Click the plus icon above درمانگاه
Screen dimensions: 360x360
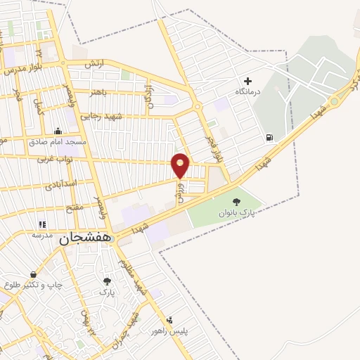[247, 81]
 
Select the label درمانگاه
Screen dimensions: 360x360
[247, 91]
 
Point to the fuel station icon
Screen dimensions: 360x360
[269, 137]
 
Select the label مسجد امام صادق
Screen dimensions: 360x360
[58, 141]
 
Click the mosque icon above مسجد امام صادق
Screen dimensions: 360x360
[58, 131]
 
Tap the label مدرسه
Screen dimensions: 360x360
[43, 236]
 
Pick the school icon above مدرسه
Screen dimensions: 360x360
[43, 225]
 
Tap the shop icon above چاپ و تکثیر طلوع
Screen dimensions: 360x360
[33, 274]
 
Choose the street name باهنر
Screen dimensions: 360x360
[99, 91]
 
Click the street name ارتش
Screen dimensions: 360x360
[94, 64]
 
